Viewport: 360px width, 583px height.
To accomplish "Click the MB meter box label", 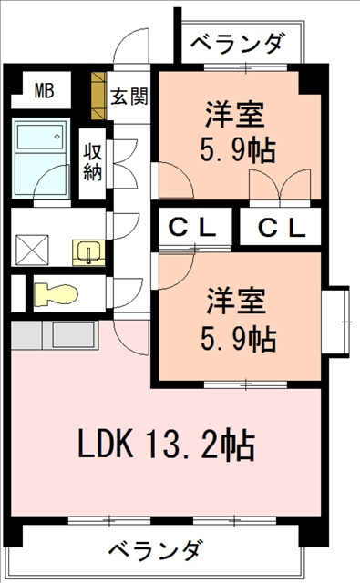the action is [45, 91].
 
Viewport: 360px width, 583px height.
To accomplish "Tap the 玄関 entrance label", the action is [129, 97].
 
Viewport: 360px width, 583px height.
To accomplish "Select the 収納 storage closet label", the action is [92, 162].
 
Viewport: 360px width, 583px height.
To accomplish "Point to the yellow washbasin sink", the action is [88, 252].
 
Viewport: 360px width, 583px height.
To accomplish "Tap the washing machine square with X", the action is [32, 250].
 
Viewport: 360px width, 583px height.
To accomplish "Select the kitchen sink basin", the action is [73, 334].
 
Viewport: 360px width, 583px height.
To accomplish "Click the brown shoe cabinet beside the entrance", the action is [98, 96].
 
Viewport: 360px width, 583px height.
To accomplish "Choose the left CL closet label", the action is [192, 227].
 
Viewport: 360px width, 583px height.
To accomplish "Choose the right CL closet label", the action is [282, 228].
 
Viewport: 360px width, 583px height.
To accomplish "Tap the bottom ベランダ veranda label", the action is [156, 550].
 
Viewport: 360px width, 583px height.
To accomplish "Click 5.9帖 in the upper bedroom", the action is [238, 149].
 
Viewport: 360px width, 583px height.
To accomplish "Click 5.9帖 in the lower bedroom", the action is [239, 338].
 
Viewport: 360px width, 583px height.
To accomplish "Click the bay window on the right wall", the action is [335, 322].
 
